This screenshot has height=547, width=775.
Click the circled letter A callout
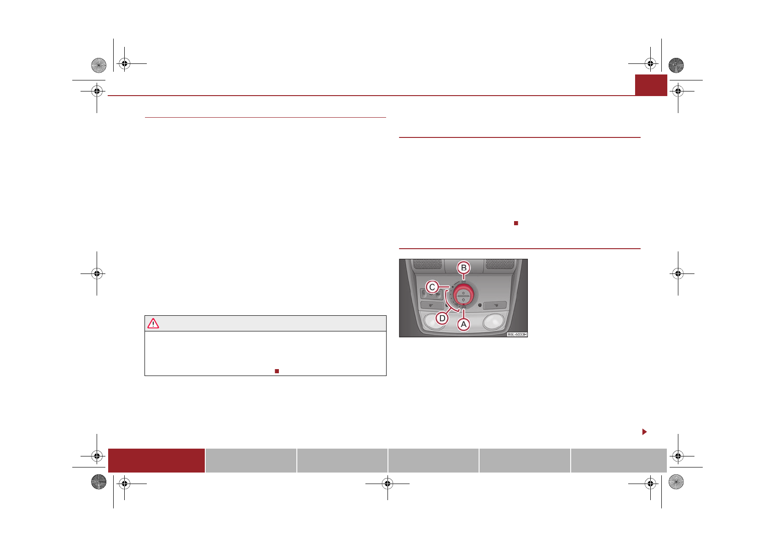click(463, 325)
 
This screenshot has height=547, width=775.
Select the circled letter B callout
click(463, 268)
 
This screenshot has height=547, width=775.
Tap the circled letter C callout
click(432, 287)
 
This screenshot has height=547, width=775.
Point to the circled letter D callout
click(442, 318)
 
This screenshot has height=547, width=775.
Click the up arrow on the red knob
click(463, 293)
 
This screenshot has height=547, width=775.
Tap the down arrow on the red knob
click(463, 299)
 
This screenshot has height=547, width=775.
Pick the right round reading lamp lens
click(494, 321)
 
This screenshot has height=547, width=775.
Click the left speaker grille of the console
click(428, 264)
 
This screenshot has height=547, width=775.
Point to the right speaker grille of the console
click(500, 264)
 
